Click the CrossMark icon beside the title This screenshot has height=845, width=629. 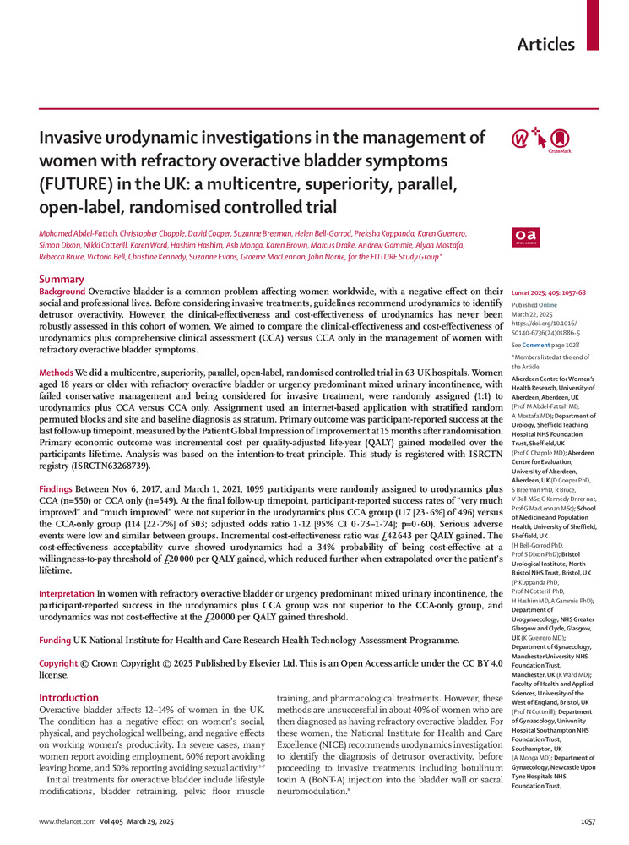pos(559,140)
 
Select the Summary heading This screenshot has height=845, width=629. pos(62,279)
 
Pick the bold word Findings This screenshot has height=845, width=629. pos(59,489)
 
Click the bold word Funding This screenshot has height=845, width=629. pos(55,641)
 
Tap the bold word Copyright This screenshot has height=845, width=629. pos(59,664)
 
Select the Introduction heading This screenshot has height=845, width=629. pos(69,697)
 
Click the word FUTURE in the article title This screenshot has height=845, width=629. pos(73,183)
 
